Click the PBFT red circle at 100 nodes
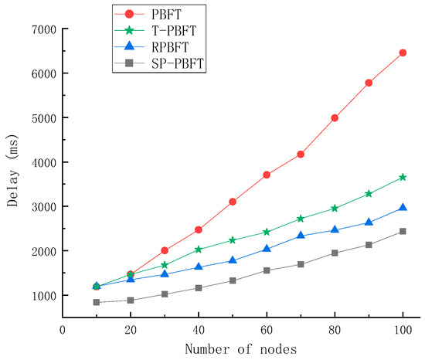[403, 53]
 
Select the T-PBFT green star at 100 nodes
[403, 177]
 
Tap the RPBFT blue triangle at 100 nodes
[403, 208]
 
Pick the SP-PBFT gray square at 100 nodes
[403, 231]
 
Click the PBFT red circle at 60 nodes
[267, 175]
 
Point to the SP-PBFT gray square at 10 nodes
[97, 302]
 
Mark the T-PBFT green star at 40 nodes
[199, 250]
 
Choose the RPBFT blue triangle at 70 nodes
[301, 236]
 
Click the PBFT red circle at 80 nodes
[335, 117]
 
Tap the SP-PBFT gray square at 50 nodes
[233, 280]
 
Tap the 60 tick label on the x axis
[267, 331]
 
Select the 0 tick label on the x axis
[63, 331]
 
